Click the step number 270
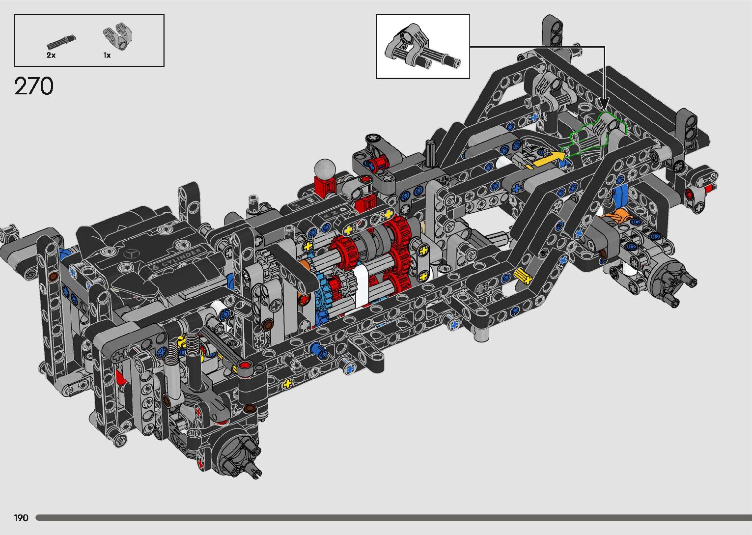[33, 86]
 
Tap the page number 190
[21, 518]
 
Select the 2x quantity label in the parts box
[51, 56]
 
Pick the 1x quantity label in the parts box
[107, 56]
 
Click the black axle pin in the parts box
[62, 42]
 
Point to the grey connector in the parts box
[117, 36]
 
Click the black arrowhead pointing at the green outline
[604, 104]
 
